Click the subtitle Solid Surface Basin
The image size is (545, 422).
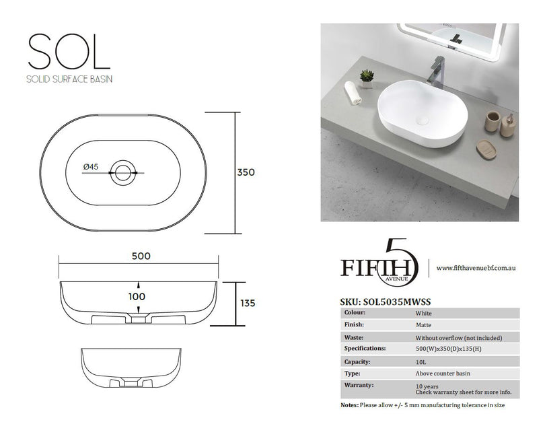(69, 78)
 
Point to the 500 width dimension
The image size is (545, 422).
(141, 256)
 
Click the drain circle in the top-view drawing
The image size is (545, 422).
(124, 172)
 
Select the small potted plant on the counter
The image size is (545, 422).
(366, 78)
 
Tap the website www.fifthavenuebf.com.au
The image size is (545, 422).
(475, 267)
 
